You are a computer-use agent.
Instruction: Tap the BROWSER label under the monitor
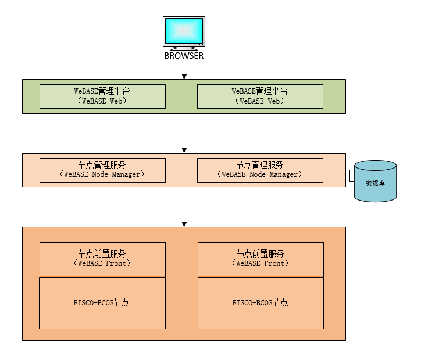point(184,56)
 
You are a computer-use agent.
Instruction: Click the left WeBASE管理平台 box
point(102,96)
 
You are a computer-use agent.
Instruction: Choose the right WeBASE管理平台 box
point(260,96)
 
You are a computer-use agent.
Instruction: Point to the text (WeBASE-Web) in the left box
point(102,101)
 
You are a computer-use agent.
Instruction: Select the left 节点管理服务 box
point(102,170)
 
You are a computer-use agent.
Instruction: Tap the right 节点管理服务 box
point(260,170)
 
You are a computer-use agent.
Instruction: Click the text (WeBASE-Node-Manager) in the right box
point(260,174)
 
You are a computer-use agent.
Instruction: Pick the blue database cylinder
point(375,181)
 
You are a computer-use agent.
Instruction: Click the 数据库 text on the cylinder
point(375,183)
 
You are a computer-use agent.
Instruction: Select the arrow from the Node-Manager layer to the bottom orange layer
point(184,206)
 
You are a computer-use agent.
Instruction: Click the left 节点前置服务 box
point(102,259)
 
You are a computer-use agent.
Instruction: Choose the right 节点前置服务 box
point(260,259)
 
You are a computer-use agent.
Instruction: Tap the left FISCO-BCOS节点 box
point(102,303)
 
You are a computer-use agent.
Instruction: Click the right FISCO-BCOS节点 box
point(260,303)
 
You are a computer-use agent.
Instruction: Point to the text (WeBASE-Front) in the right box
point(260,263)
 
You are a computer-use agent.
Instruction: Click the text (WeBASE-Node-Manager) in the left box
point(102,174)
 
